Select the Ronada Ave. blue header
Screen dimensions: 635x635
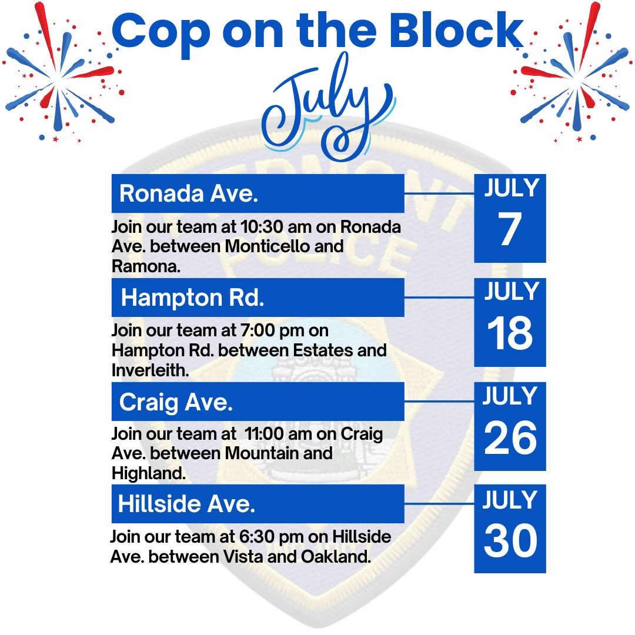click(258, 193)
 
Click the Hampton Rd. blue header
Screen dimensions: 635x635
click(258, 298)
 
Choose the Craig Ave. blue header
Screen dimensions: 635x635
click(258, 402)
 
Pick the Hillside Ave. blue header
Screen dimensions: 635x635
click(258, 503)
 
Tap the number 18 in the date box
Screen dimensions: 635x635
click(509, 332)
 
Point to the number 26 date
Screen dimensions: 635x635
click(510, 437)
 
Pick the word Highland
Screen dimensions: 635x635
click(149, 473)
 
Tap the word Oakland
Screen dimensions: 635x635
click(336, 557)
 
